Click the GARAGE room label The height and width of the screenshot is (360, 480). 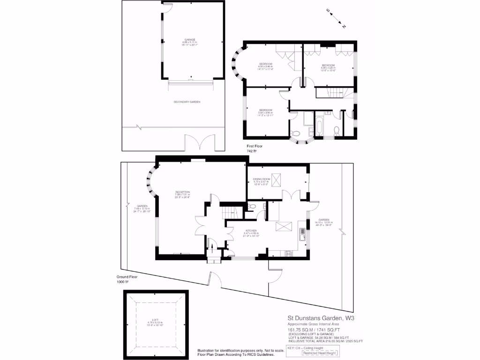point(189,40)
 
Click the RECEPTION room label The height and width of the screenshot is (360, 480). point(182,192)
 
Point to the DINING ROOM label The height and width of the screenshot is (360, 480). point(262,179)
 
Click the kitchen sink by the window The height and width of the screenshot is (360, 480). point(303,232)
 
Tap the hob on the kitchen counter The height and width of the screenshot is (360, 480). point(288,254)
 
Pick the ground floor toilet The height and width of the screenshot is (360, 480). point(252,206)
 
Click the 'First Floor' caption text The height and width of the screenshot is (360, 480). point(255,146)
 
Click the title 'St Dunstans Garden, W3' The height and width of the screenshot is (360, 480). point(319,318)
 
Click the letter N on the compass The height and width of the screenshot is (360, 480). point(344,27)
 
